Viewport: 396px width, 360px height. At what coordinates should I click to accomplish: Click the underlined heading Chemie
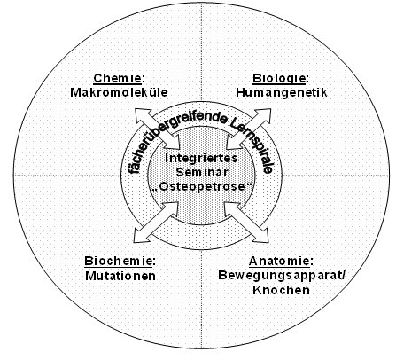(118, 79)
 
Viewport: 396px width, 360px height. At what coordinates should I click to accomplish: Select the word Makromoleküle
(119, 92)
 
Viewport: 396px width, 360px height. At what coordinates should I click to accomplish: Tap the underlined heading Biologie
(279, 79)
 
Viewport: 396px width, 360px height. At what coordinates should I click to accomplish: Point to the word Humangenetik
(282, 92)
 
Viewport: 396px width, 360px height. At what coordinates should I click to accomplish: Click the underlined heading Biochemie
(118, 261)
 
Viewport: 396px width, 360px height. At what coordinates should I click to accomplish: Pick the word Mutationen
(120, 276)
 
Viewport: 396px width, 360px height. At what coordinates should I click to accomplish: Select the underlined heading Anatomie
(279, 261)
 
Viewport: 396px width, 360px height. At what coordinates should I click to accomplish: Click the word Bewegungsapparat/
(282, 276)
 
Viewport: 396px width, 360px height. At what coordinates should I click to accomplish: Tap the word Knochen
(282, 290)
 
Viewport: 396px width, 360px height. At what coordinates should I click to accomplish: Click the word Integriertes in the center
(201, 158)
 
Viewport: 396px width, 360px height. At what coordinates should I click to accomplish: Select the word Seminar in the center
(202, 172)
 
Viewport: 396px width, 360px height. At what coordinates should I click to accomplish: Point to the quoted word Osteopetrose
(202, 187)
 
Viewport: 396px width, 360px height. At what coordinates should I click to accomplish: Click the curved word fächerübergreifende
(166, 133)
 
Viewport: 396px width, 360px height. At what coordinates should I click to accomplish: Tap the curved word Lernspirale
(256, 138)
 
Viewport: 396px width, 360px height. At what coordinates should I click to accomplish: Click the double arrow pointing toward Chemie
(158, 129)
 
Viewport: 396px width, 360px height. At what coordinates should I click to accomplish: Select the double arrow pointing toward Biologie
(248, 129)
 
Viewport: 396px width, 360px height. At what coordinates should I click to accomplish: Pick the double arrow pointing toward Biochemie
(157, 222)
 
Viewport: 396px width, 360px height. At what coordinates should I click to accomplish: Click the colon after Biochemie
(153, 262)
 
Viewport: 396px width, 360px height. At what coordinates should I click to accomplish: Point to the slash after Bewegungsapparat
(342, 276)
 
